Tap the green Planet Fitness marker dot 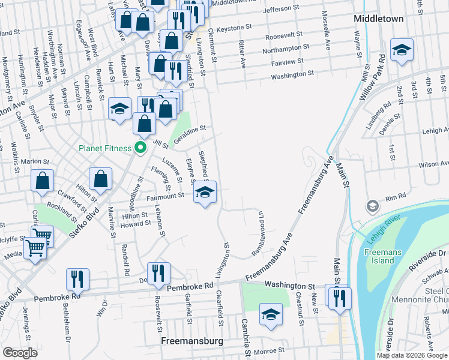(x=140, y=147)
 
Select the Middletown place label (x=378, y=19)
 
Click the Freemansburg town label (x=192, y=341)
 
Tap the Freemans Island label (x=382, y=257)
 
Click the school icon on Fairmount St (x=205, y=193)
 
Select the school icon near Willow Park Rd (x=402, y=50)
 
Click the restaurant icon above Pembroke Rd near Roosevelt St (x=158, y=274)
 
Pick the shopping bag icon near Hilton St (x=101, y=179)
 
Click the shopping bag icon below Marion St (x=42, y=181)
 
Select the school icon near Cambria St (x=271, y=314)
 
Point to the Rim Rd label (x=396, y=196)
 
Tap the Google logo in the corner (x=20, y=353)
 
